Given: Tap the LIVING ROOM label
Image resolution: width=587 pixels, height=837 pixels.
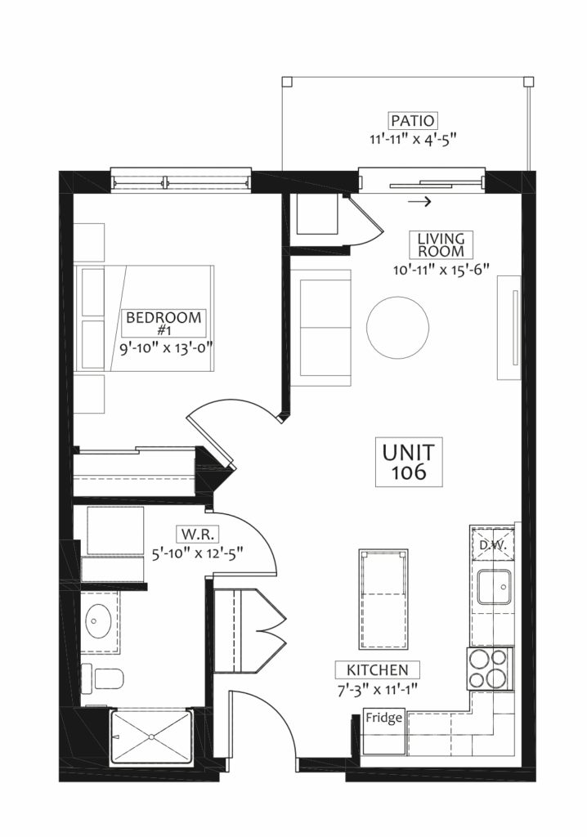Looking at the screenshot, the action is (x=441, y=244).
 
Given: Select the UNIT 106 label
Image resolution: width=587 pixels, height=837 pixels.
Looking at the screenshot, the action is (x=409, y=463).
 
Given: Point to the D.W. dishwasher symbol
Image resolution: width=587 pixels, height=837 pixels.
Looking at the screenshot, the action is (x=492, y=544).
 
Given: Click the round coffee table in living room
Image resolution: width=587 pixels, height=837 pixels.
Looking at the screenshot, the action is (x=397, y=327).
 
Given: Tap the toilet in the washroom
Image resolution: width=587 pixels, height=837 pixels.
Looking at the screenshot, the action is (x=103, y=679).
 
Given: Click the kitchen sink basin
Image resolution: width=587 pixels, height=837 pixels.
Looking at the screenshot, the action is (x=495, y=587).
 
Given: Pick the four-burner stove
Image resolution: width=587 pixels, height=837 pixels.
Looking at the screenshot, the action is (x=487, y=669).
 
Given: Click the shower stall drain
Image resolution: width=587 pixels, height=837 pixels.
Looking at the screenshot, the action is (x=152, y=736).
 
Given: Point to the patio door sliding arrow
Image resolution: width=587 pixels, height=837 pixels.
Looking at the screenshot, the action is (x=419, y=202).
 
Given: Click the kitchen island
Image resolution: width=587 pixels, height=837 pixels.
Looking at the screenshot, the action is (x=383, y=600).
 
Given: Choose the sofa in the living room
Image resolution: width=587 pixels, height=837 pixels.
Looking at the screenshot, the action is (x=320, y=327).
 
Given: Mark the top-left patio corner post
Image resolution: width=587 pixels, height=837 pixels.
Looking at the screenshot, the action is (x=287, y=81).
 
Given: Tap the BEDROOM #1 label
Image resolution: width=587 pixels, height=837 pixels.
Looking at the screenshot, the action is (x=164, y=322).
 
